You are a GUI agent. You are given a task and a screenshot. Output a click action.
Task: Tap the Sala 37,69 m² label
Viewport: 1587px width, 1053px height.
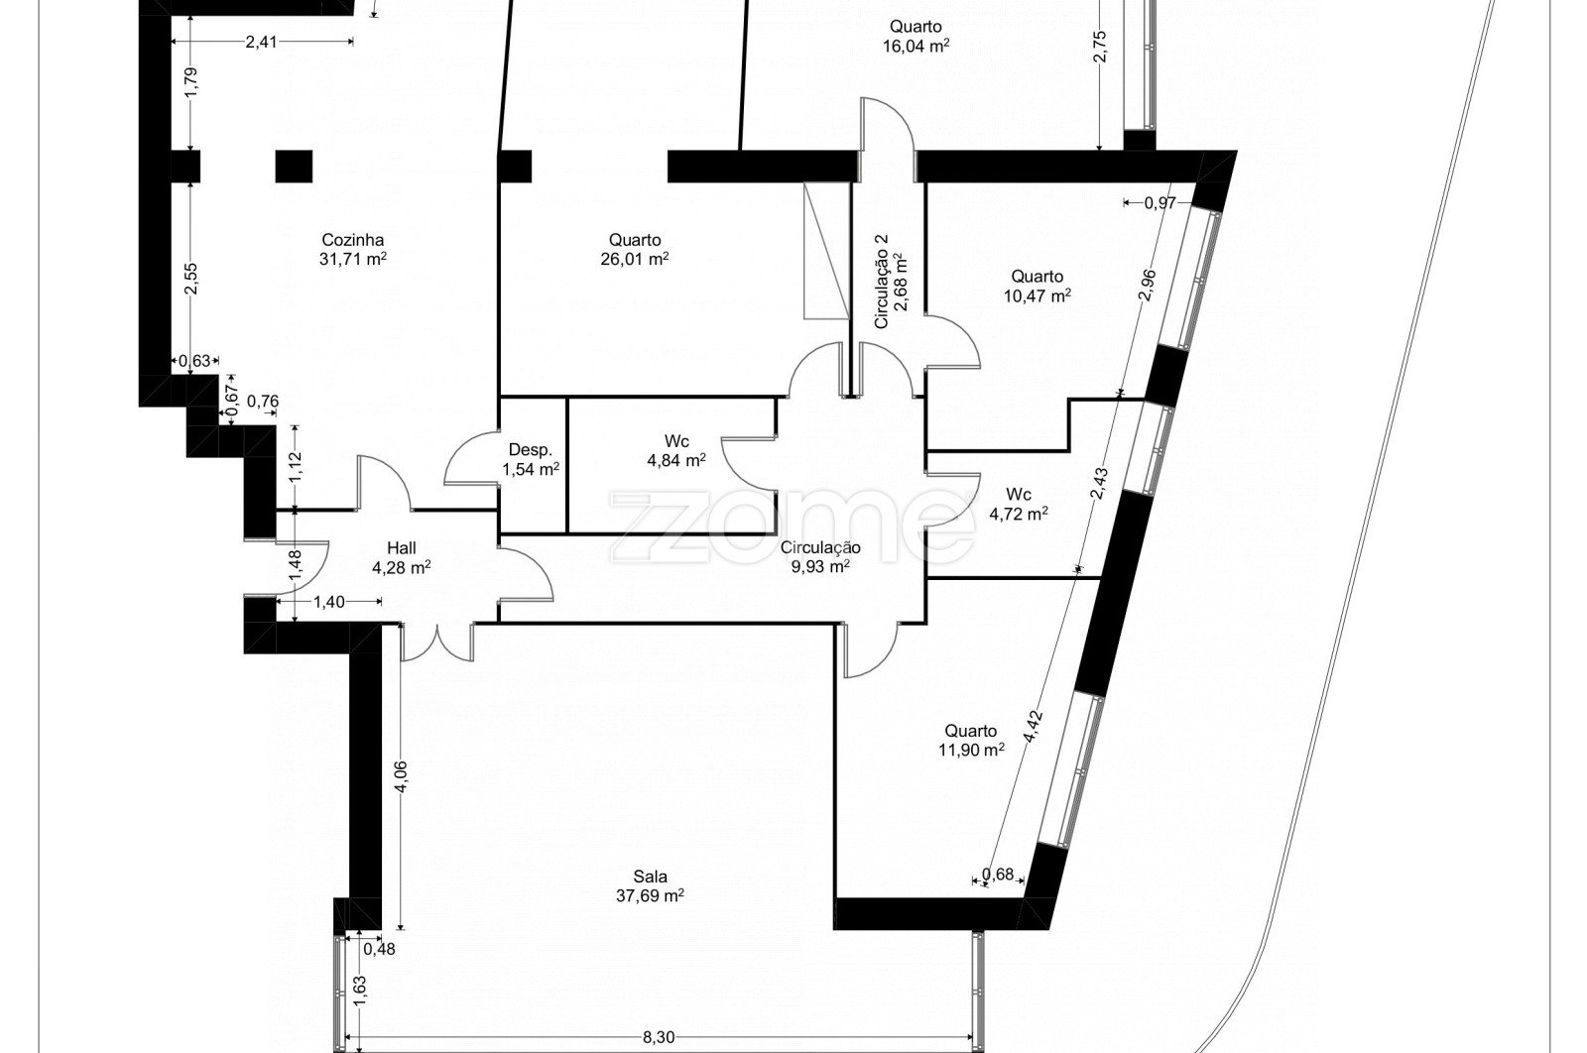(650, 885)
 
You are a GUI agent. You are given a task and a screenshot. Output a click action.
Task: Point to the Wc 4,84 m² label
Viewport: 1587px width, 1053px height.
(675, 450)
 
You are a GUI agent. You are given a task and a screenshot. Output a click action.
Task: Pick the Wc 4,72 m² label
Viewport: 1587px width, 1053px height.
(1018, 504)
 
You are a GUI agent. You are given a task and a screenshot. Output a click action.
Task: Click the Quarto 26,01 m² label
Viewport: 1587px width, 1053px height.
(635, 249)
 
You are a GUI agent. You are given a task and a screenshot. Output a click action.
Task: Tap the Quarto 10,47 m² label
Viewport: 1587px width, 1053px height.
(1038, 286)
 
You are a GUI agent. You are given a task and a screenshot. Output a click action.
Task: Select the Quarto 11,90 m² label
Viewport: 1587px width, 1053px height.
(971, 740)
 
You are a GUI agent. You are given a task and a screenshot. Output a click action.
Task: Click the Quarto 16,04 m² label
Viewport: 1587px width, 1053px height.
(916, 36)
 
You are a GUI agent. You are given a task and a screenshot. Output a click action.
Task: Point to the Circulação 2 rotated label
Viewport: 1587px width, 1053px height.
(891, 282)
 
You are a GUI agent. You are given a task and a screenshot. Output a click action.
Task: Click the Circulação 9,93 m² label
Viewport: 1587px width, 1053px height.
(820, 556)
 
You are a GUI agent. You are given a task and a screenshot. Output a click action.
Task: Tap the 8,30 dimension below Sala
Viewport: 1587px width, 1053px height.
(659, 1037)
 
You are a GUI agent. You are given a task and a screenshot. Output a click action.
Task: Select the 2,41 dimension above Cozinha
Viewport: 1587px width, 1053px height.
(262, 42)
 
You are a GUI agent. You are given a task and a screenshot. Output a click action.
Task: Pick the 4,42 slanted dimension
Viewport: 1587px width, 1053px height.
(1034, 726)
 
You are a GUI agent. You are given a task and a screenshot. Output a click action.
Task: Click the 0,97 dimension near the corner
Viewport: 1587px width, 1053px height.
(1160, 203)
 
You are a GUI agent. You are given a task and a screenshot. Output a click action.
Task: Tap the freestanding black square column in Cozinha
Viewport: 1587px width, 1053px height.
(294, 167)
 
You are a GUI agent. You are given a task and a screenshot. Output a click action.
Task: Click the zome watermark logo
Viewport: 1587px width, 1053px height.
(793, 526)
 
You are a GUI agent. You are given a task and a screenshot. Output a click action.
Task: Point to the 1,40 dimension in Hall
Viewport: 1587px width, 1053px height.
(329, 602)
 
